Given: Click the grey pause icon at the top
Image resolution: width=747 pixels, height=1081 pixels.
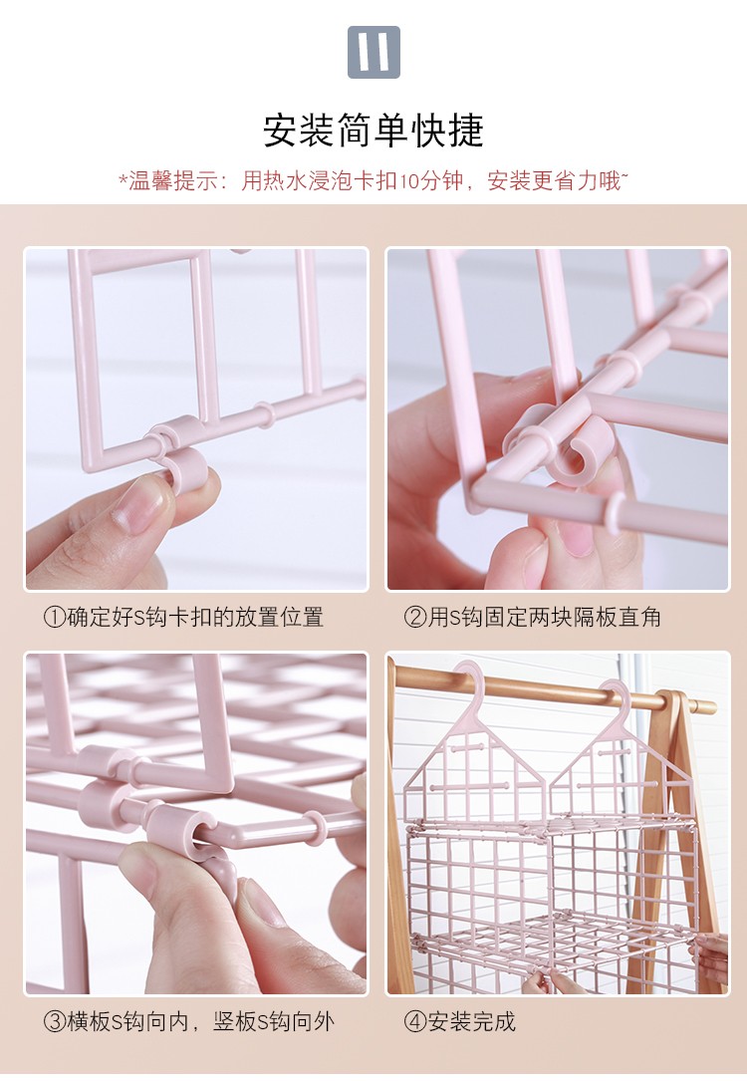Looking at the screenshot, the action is pos(373,52).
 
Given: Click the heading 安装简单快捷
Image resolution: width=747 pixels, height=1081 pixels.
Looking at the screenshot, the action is pos(373,130).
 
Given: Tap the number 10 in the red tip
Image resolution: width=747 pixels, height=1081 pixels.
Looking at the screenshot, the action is pos(408,181).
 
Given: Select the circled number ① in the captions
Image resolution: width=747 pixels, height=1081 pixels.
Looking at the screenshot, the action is pos(55,617).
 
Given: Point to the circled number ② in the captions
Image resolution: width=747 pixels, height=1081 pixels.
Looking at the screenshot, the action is pos(415,617).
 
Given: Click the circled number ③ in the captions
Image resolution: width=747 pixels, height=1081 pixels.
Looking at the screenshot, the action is pos(55,1021).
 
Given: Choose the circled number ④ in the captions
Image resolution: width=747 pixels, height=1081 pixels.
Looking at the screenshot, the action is pos(415,1021).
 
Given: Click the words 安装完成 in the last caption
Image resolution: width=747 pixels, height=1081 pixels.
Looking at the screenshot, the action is pos(472,1021).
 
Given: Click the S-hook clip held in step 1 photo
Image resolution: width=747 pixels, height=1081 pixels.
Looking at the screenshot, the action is pos(187,469).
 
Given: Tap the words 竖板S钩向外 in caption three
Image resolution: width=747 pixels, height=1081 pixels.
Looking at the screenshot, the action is pos(274,1021).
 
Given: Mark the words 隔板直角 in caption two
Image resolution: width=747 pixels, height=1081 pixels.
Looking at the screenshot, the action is pos(618,617).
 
